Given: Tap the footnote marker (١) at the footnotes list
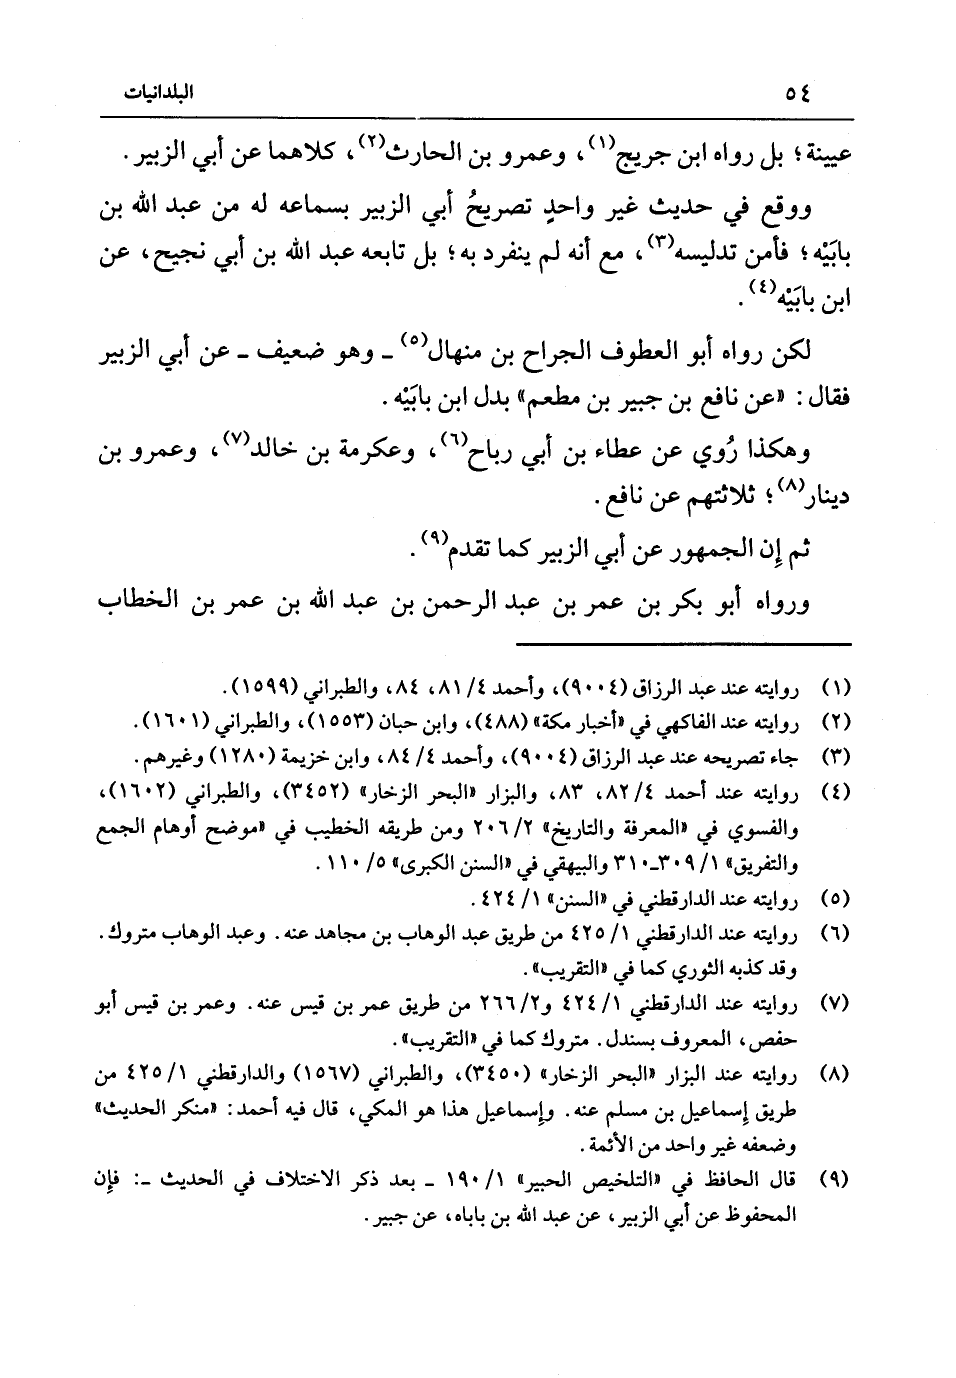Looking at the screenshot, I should point(834,689).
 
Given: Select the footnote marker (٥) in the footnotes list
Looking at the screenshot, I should point(834,900).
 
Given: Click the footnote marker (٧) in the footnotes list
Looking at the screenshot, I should point(834,1002).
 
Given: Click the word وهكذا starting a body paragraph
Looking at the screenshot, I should point(774,450).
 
